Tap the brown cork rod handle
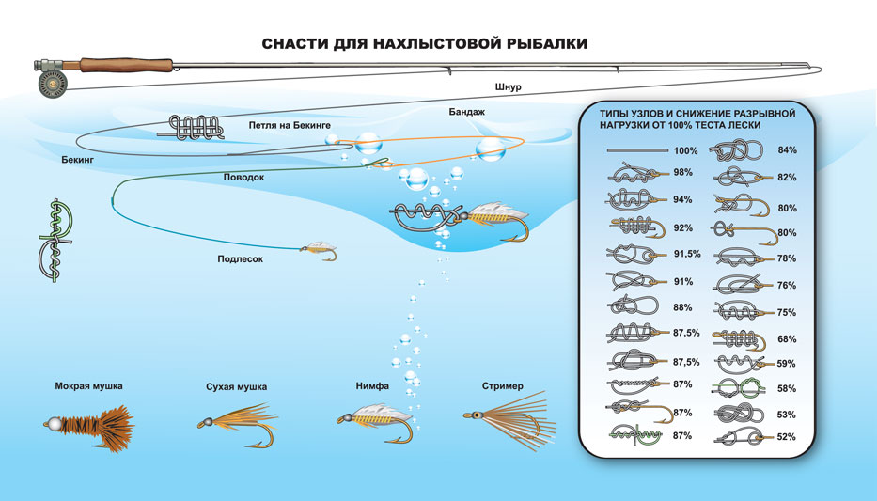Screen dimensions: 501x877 [x=125, y=65]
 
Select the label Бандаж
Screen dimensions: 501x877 [x=467, y=112]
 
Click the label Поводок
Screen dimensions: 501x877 [x=243, y=177]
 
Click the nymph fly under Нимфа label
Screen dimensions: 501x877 [x=376, y=420]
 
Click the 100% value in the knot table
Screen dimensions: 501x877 [x=685, y=150]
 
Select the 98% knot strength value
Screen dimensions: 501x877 [x=683, y=173]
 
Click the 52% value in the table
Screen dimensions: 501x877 [x=787, y=436]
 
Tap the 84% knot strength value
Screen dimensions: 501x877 [x=787, y=150]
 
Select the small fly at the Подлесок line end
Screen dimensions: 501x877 [x=318, y=251]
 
